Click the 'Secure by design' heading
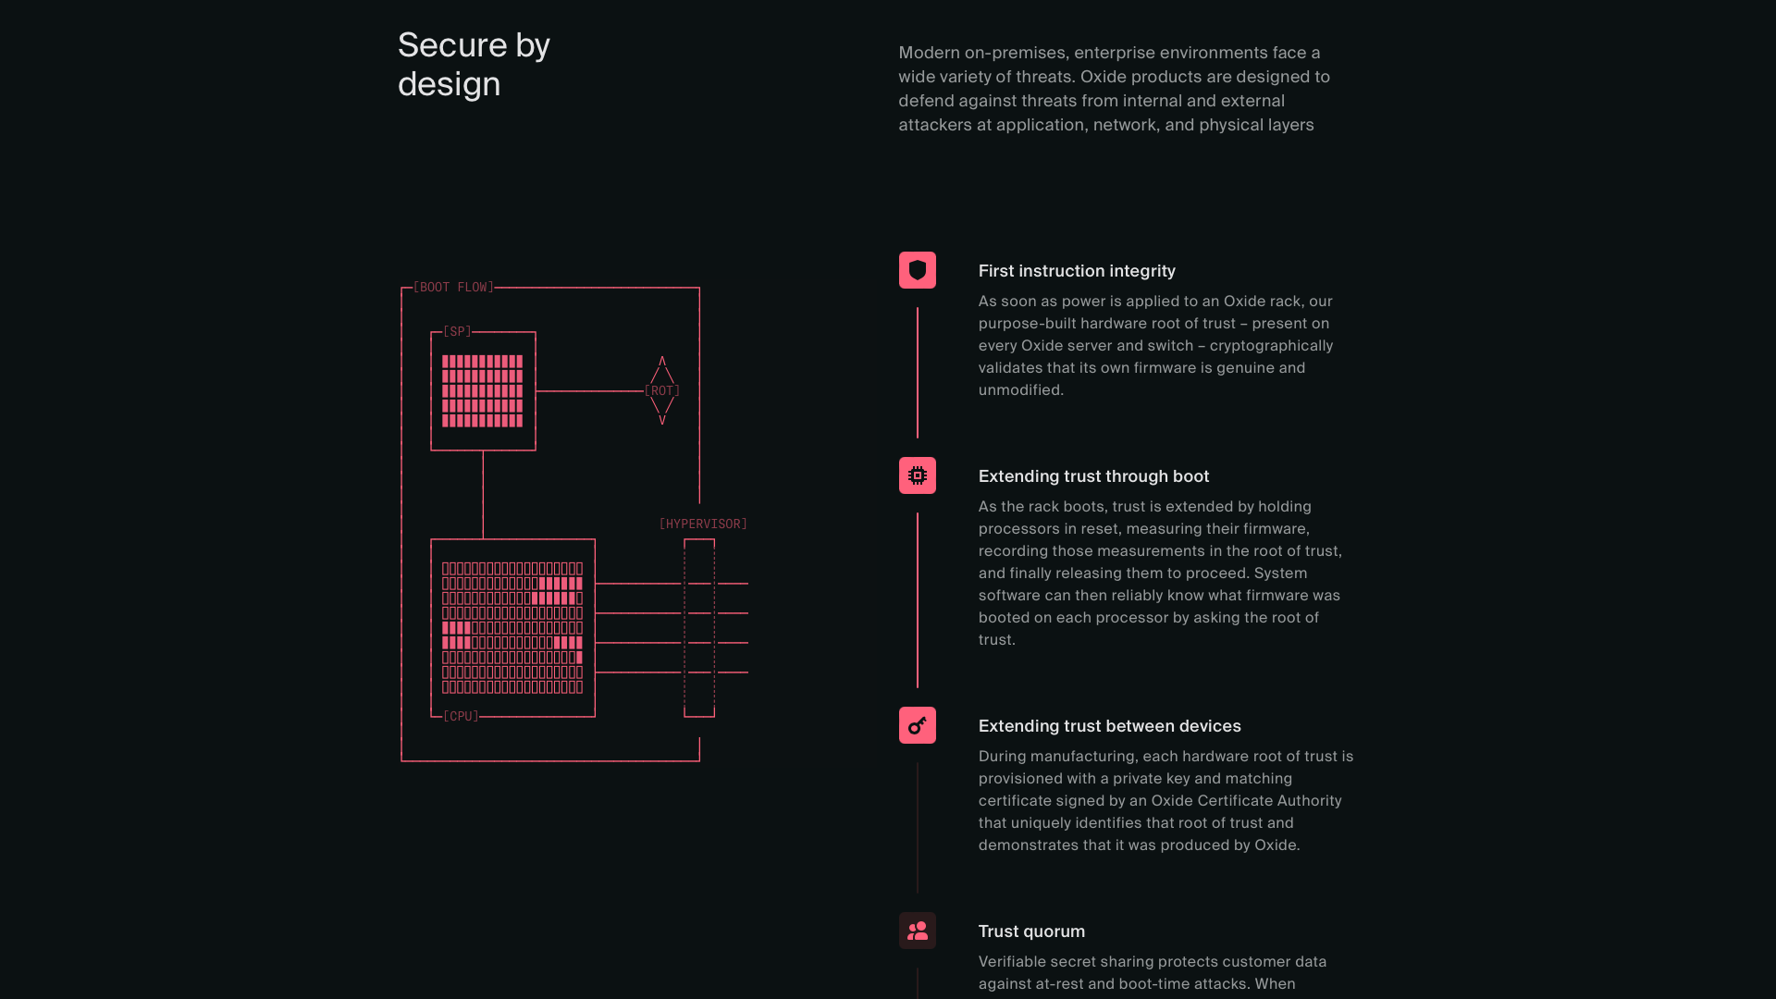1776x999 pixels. point(474,65)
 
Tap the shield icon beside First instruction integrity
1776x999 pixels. point(918,270)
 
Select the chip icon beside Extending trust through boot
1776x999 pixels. point(918,475)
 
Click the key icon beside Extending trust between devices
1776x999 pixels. point(918,725)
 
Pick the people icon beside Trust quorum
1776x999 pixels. point(918,931)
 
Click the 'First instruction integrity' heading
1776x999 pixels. point(1077,271)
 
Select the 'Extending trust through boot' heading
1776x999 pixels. point(1093,476)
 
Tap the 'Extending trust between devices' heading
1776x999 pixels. point(1110,726)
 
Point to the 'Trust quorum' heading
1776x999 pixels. point(1031,931)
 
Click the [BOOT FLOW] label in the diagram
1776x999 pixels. point(453,288)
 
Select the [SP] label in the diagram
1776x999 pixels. point(457,331)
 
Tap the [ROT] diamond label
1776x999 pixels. point(662,390)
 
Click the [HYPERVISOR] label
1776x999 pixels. point(703,524)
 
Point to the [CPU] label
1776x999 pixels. point(461,716)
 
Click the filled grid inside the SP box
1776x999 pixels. point(483,391)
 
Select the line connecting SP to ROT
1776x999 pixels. point(590,391)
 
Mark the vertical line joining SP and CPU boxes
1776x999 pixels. point(483,495)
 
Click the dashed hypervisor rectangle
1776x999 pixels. point(684,628)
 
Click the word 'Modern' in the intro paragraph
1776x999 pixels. point(929,53)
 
